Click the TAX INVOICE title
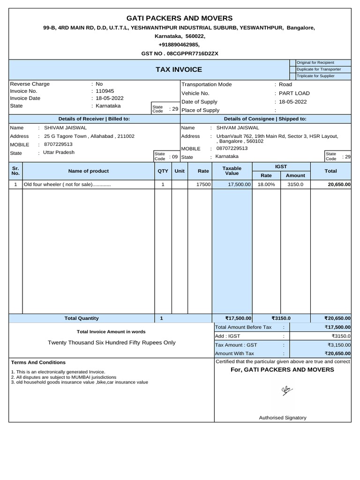click(x=179, y=69)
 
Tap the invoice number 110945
click(x=105, y=91)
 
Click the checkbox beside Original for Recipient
click(x=292, y=63)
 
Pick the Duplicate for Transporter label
click(x=319, y=69)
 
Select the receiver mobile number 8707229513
click(x=58, y=144)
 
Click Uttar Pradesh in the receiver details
click(x=59, y=152)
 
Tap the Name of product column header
click(x=88, y=171)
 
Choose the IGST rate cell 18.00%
click(x=266, y=185)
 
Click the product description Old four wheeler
click(x=67, y=185)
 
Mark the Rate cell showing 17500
click(x=203, y=185)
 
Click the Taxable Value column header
click(x=232, y=171)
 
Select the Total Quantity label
click(x=82, y=318)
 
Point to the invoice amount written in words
click(x=112, y=343)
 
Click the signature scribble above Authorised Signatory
click(x=284, y=390)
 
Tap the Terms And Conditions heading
click(x=38, y=362)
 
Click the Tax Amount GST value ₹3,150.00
click(x=334, y=345)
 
